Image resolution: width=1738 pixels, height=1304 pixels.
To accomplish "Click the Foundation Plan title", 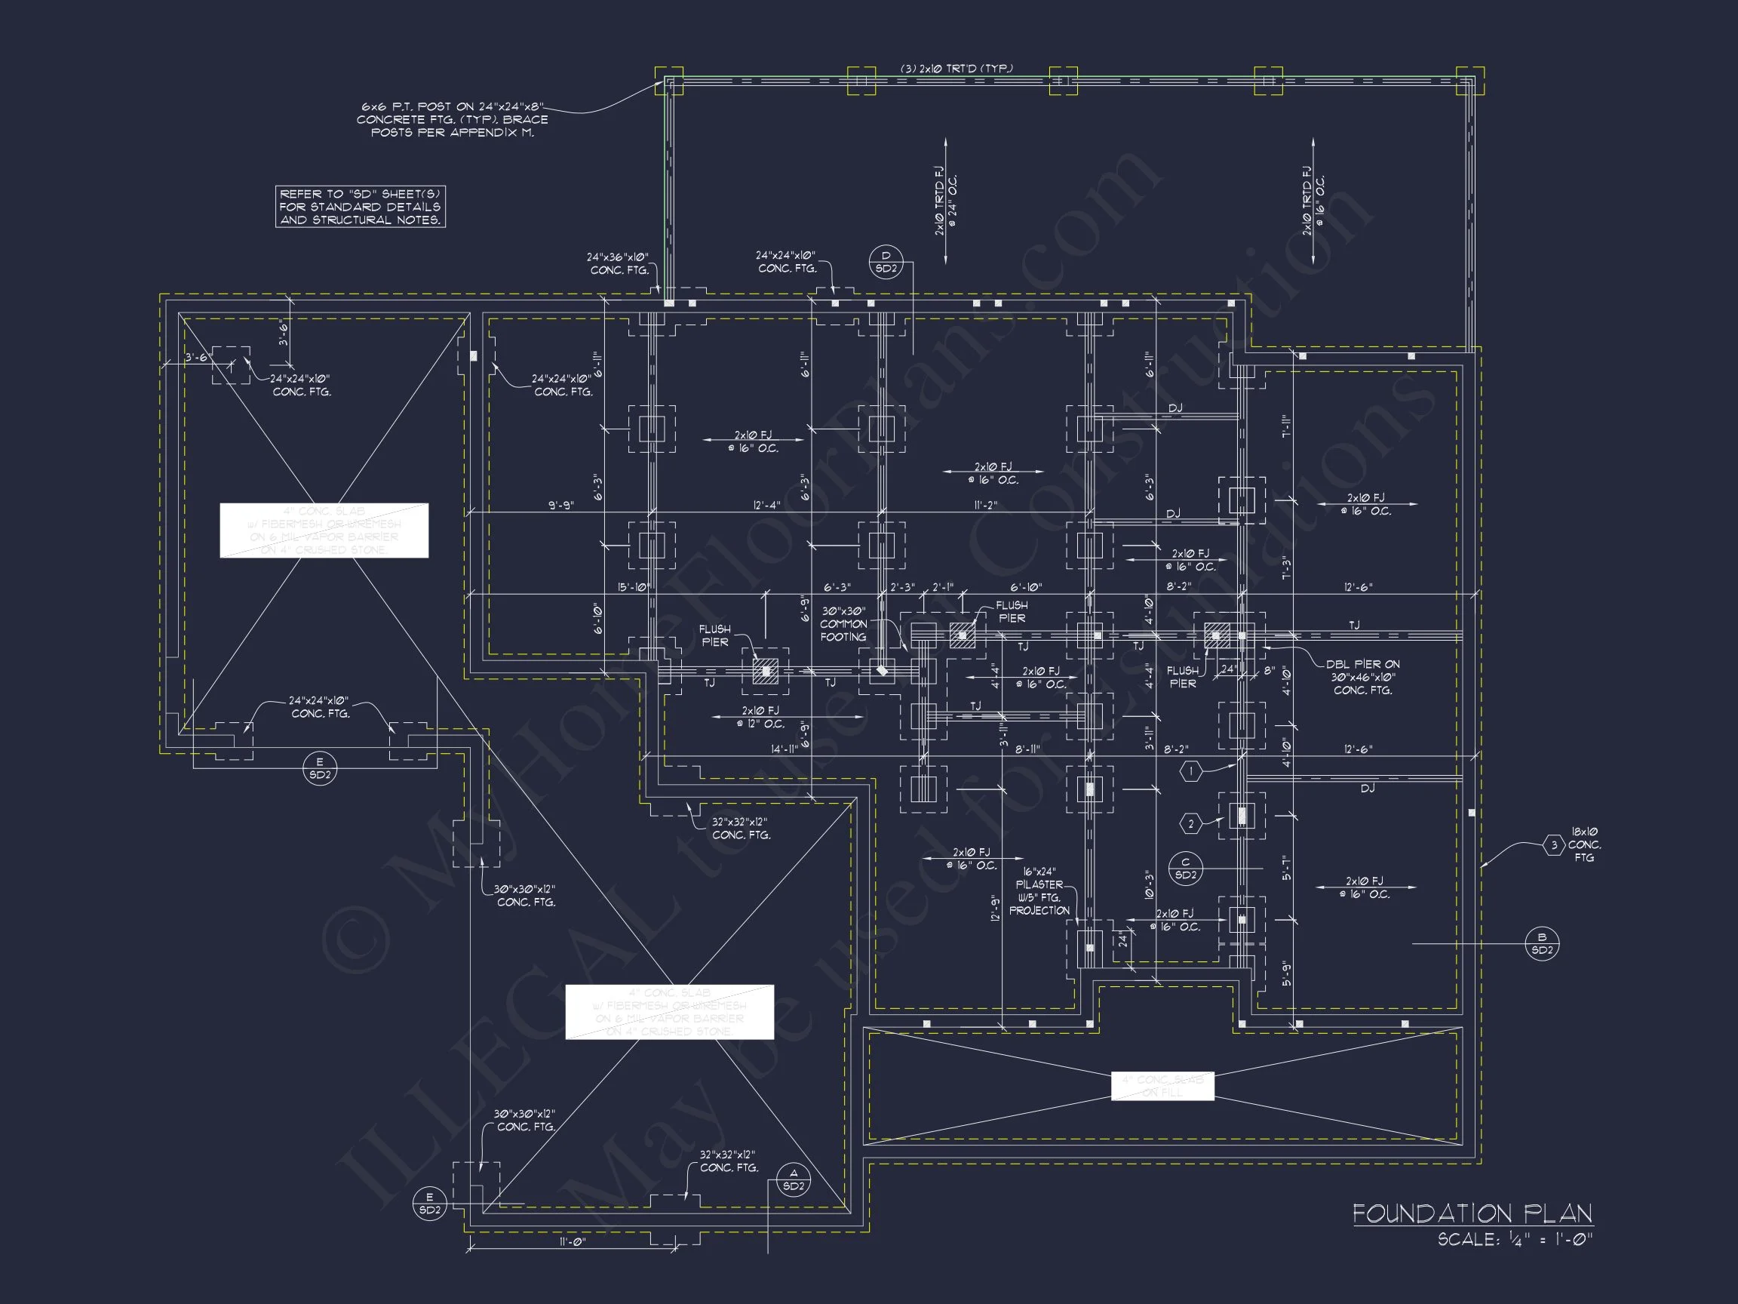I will (x=1472, y=1213).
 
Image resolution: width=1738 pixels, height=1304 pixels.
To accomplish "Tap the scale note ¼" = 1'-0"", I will (x=1514, y=1240).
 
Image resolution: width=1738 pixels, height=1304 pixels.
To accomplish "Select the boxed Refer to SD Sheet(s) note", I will (x=360, y=207).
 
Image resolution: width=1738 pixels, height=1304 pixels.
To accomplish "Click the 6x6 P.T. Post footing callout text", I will (x=453, y=119).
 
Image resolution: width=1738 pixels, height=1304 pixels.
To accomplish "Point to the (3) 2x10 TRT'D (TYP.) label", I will (x=956, y=69).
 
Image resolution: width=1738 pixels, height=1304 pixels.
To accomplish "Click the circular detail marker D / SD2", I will (x=886, y=262).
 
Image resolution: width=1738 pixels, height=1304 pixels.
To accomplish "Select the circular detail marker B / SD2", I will (x=1542, y=943).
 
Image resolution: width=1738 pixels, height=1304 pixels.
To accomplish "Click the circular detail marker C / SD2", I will (x=1185, y=869).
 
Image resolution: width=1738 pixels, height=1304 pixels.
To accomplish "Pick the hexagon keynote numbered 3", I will (x=1553, y=846).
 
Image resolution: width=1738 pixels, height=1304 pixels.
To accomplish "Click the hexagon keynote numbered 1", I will (x=1190, y=772).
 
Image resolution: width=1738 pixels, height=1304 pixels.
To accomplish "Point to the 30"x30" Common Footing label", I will (x=843, y=624).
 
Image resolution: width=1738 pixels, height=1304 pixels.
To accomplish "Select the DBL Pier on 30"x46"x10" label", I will (x=1362, y=677).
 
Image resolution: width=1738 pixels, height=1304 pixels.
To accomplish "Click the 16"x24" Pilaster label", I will (x=1039, y=891).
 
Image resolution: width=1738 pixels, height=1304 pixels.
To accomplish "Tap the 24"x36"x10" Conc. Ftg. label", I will (x=619, y=263).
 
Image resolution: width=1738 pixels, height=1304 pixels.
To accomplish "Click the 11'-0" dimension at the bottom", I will (x=572, y=1242).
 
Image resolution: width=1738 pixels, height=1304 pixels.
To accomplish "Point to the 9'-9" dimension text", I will (x=560, y=506).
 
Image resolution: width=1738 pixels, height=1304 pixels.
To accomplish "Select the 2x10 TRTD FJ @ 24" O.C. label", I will (x=945, y=201).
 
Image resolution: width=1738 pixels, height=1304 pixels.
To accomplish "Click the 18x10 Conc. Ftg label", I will (x=1584, y=844).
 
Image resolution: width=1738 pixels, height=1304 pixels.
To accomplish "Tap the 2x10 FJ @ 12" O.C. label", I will (x=760, y=717).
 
